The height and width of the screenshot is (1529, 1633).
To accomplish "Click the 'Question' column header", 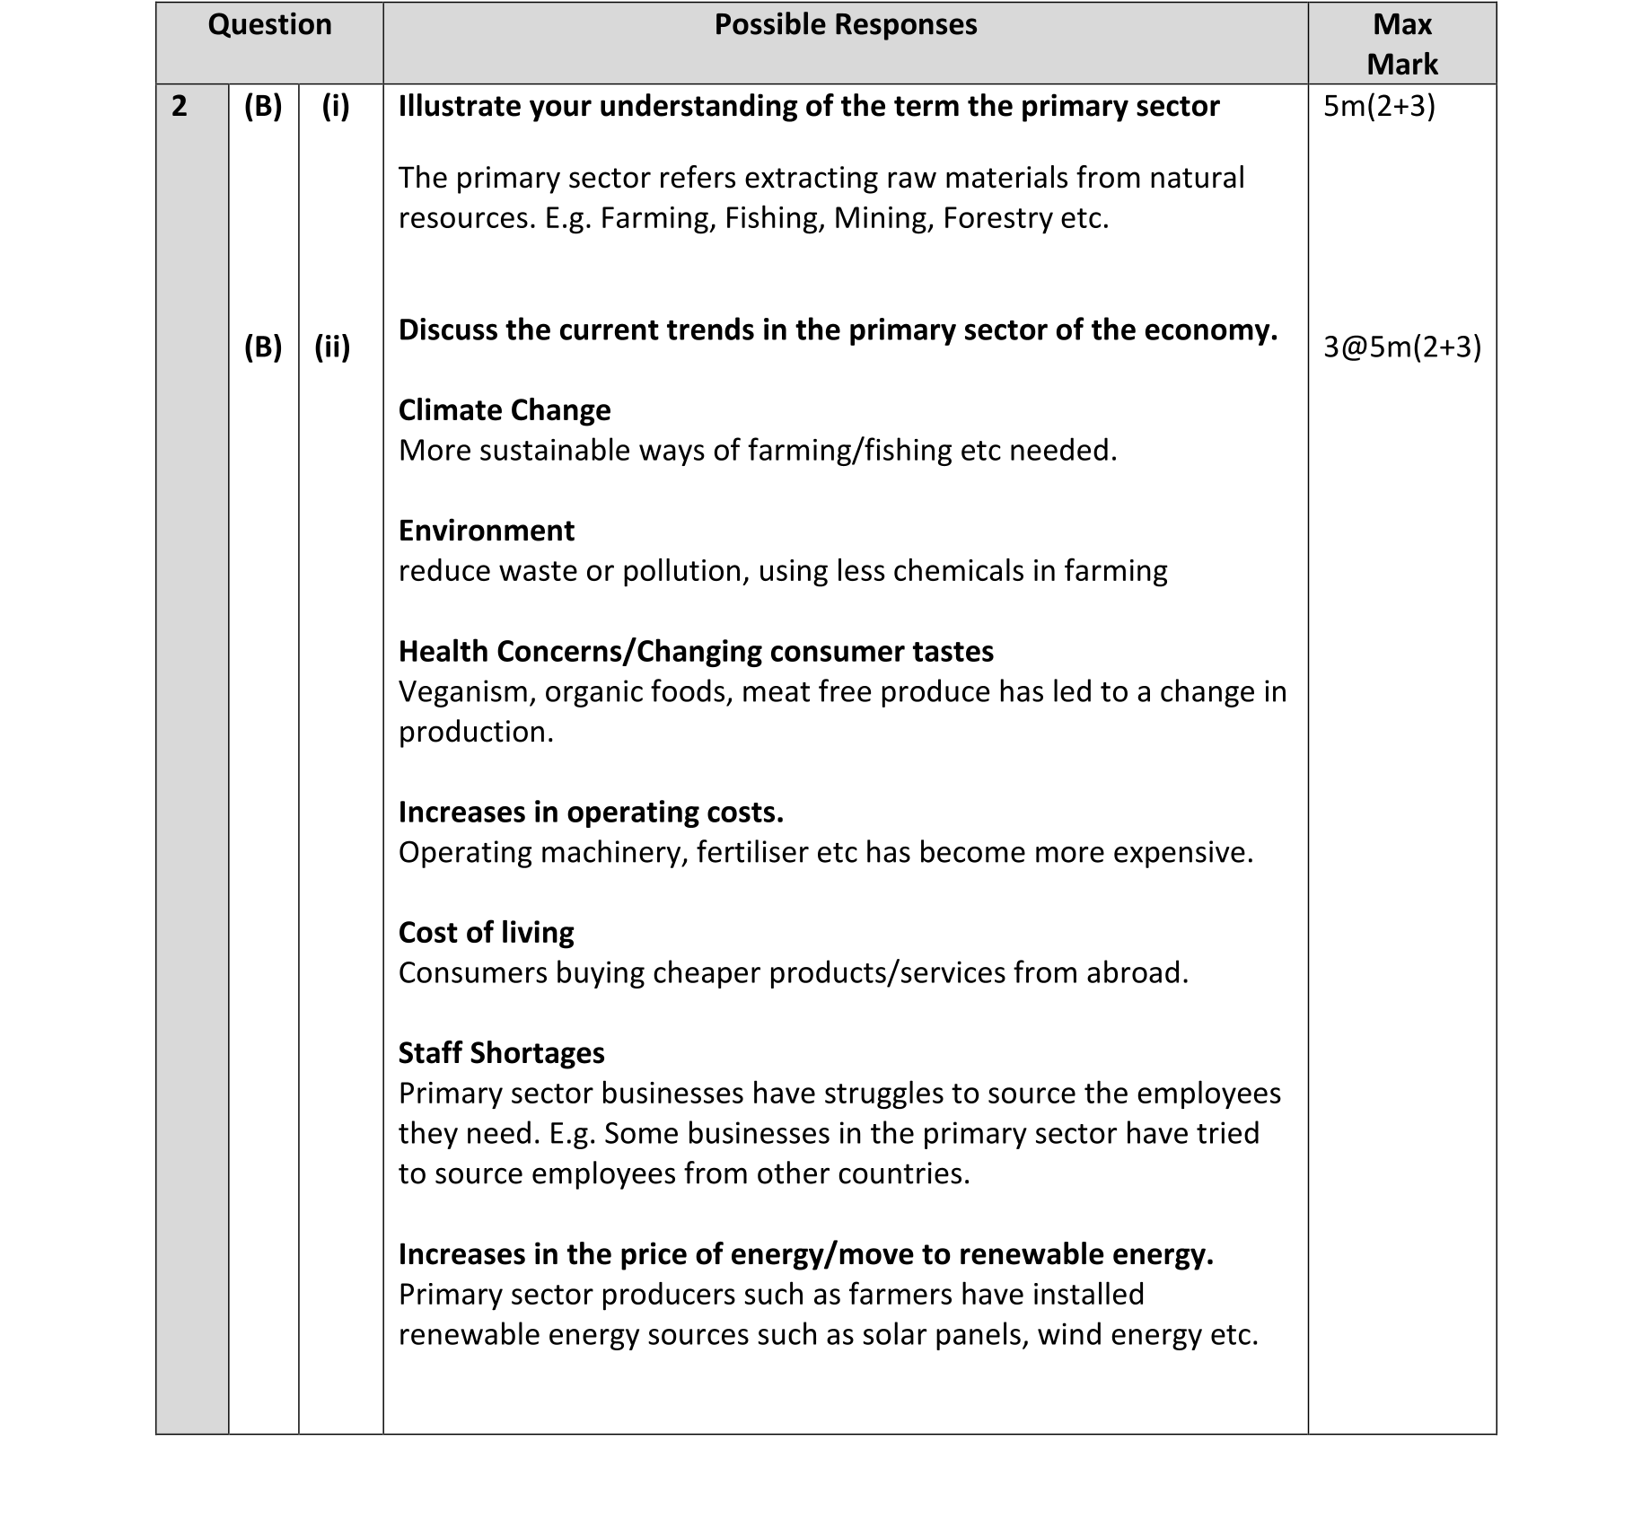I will coord(269,25).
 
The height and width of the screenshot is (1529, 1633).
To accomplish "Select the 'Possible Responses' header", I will coord(845,25).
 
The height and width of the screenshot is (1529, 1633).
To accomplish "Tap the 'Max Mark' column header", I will coord(1401,44).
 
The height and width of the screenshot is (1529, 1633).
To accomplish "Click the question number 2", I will coord(180,107).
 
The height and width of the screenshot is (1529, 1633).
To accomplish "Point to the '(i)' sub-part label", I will coord(336,107).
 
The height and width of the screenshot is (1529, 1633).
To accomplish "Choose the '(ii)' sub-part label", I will coord(332,347).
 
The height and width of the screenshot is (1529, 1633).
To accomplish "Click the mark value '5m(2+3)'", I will coord(1379,107).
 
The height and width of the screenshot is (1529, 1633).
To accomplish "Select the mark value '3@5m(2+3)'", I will coord(1401,347).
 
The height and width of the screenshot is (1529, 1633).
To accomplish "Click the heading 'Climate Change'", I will coord(504,410).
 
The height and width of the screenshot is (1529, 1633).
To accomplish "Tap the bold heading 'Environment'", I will coord(486,531).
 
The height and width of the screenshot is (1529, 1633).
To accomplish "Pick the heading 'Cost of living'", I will coord(486,933).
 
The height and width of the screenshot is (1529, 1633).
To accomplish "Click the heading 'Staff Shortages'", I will coord(501,1053).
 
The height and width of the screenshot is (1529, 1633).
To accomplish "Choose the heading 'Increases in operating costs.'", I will coord(591,813).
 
